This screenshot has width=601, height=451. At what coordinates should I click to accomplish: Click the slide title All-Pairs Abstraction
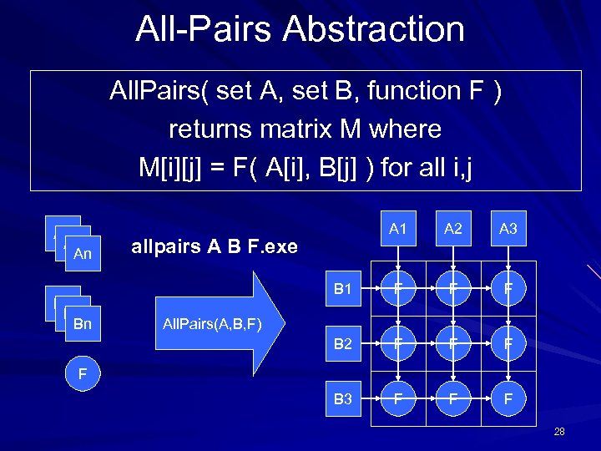point(300,29)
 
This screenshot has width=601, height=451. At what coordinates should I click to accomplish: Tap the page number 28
point(559,432)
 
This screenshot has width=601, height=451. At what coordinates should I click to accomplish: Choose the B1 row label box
point(343,290)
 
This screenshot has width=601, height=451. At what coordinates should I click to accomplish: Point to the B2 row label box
point(343,344)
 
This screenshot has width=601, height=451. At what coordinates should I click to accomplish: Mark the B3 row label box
point(343,398)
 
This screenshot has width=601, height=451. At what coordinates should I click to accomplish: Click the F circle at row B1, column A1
point(398,290)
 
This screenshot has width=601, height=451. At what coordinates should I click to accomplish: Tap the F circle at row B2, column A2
point(453,344)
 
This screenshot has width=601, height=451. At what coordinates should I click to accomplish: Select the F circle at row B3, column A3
point(508,398)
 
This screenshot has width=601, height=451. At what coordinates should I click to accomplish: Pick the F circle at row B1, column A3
point(508,290)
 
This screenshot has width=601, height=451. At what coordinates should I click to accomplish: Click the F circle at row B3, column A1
point(398,398)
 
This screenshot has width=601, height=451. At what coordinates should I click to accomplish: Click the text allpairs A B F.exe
point(214,247)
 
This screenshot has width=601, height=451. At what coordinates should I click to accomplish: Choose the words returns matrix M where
point(305,129)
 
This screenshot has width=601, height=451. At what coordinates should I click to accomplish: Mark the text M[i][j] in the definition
point(171,168)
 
